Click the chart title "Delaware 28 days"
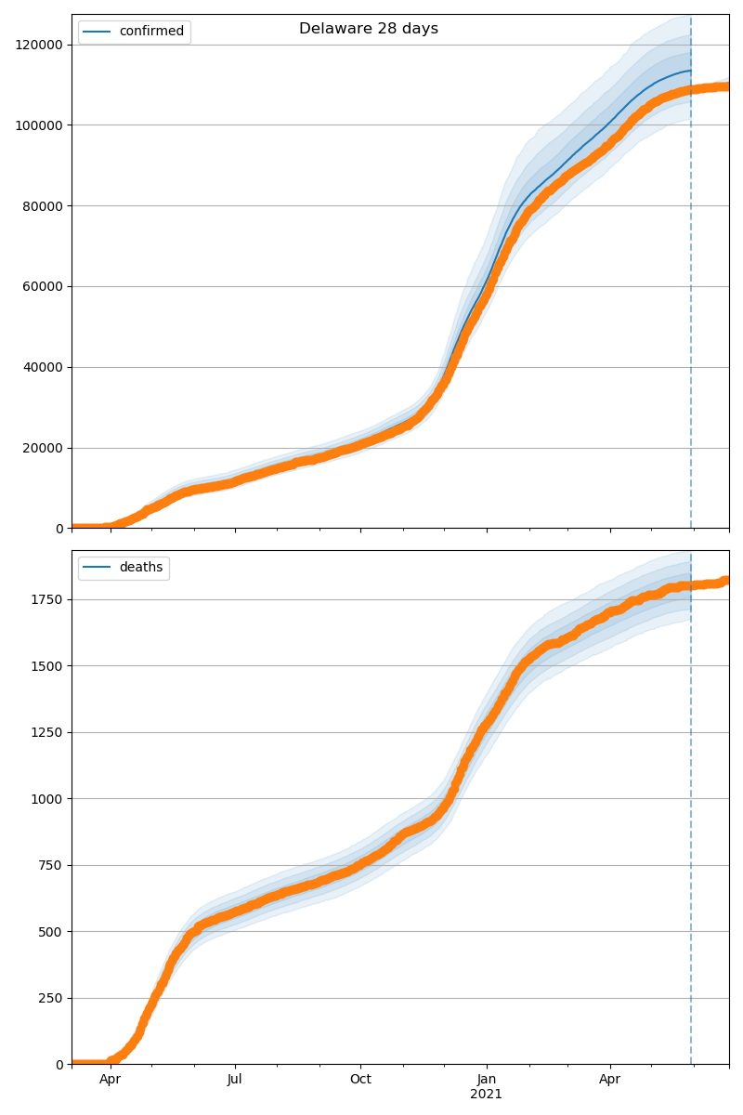[x=369, y=29]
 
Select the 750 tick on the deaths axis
[x=54, y=865]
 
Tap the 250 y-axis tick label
[x=54, y=998]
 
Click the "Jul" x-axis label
[x=235, y=1080]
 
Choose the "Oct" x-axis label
[x=360, y=1080]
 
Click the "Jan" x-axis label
[x=486, y=1080]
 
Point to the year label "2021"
[x=486, y=1095]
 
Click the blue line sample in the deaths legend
[x=98, y=568]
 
